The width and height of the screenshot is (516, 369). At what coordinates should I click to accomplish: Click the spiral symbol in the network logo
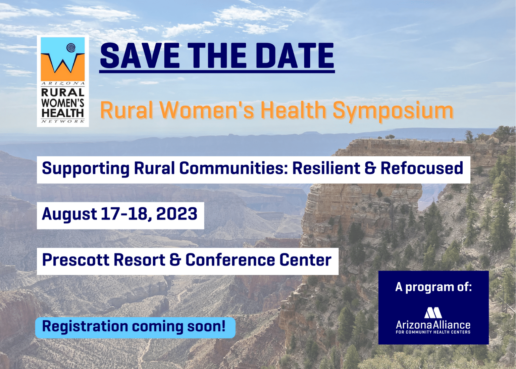(71, 48)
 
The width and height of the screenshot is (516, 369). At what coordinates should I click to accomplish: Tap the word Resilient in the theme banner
(326, 168)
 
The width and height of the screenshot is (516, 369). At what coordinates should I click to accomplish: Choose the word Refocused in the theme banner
(421, 168)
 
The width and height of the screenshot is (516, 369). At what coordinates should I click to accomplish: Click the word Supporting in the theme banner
(86, 168)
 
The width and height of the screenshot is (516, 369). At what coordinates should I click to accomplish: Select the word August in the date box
(69, 214)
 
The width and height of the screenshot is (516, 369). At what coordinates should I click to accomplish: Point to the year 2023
(176, 213)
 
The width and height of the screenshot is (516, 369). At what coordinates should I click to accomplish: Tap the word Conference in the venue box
(230, 260)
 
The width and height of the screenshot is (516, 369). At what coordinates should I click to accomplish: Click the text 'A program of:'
(434, 287)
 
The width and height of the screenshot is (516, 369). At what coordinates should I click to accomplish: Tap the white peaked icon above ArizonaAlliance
(433, 313)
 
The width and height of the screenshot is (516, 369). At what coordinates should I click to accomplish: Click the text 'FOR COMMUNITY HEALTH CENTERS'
(433, 332)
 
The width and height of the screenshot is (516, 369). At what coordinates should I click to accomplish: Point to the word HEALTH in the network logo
(63, 113)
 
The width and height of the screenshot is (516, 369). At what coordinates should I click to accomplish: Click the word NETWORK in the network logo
(63, 121)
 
